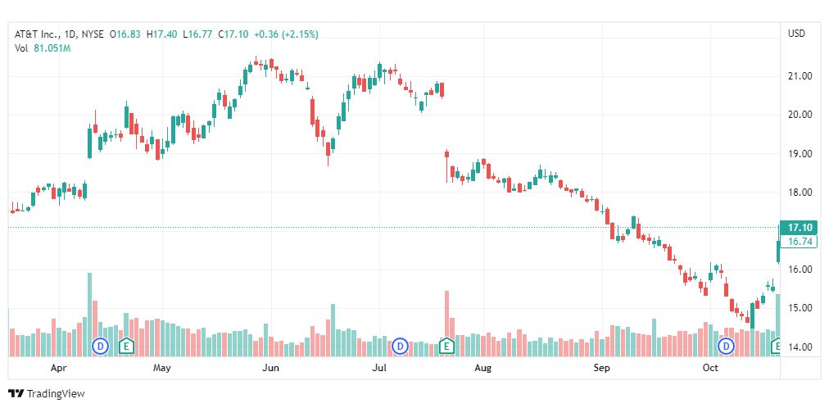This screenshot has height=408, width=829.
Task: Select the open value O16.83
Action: [129, 34]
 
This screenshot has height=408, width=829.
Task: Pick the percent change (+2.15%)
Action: [299, 34]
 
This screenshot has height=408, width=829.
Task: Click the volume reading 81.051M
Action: [52, 48]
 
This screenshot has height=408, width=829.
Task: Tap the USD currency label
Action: [796, 34]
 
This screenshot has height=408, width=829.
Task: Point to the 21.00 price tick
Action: [799, 76]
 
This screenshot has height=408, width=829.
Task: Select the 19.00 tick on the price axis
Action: [799, 154]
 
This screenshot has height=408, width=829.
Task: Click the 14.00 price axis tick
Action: [799, 347]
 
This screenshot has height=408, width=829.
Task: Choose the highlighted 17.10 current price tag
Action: [799, 227]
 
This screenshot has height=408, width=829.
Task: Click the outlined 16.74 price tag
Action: [799, 242]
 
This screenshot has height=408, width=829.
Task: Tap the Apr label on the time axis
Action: [58, 369]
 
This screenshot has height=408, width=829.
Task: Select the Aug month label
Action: [482, 369]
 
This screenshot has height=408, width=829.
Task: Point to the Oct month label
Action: [710, 369]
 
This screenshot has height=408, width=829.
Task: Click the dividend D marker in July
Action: [401, 346]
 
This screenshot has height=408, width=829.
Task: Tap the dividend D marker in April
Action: [101, 346]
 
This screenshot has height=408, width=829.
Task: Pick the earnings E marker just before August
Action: [446, 346]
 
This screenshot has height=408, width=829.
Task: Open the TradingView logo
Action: [46, 394]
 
